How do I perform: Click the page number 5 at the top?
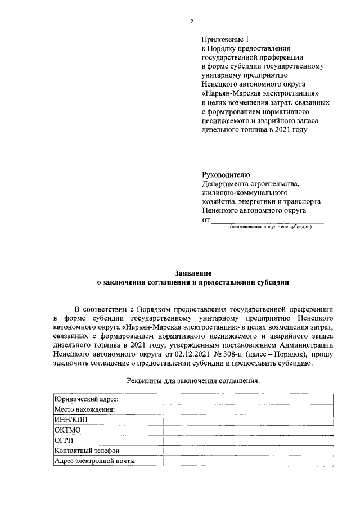click(x=192, y=21)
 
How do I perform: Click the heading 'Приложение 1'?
click(x=224, y=39)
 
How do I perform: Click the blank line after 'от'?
click(x=267, y=220)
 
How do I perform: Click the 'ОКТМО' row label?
click(x=67, y=430)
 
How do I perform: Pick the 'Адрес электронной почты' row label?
click(x=94, y=461)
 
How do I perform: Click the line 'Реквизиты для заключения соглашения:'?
click(x=193, y=380)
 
